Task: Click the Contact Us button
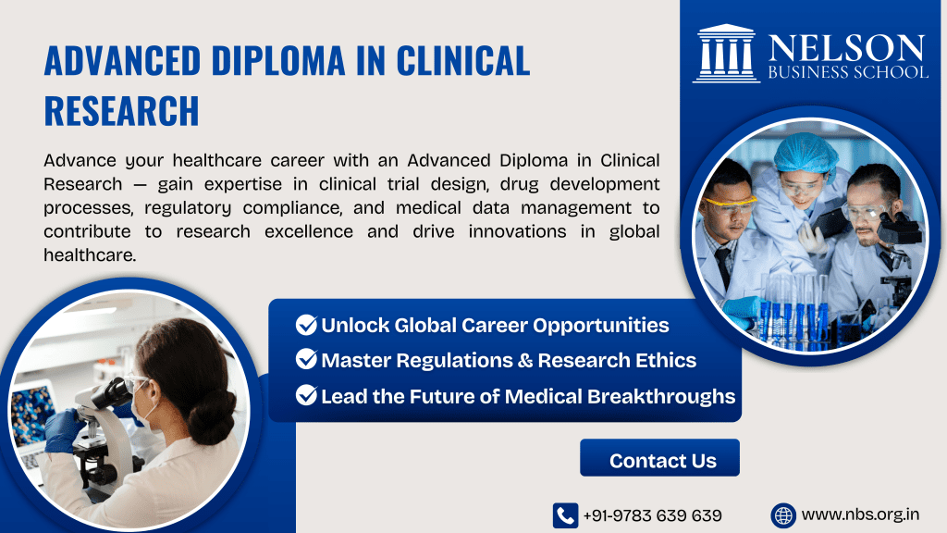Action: point(662,460)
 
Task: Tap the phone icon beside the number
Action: point(565,515)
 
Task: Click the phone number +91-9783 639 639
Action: point(652,515)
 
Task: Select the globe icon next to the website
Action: point(783,514)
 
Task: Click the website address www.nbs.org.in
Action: point(860,514)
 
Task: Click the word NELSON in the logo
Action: point(845,47)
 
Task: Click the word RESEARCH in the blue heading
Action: point(121,110)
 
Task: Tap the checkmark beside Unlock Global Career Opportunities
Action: point(306,325)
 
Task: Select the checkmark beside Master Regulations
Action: point(306,360)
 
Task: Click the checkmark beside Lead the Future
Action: point(306,396)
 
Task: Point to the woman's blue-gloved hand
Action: point(62,429)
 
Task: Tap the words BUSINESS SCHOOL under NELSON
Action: point(845,72)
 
